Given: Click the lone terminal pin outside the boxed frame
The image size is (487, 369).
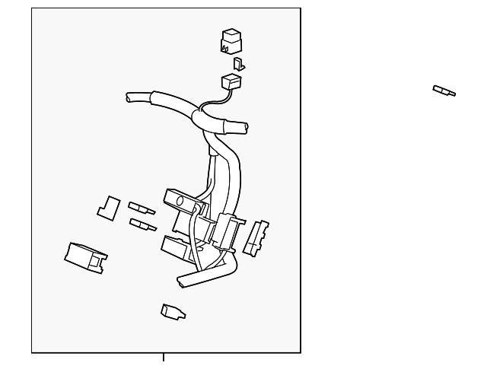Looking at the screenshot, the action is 444,91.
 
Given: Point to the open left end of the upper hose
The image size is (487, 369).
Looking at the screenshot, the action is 130,97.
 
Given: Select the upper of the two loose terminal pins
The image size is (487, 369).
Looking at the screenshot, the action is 142,208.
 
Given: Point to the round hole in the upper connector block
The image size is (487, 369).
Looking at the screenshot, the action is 181,202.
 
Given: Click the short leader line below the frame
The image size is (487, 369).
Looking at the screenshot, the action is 163,357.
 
